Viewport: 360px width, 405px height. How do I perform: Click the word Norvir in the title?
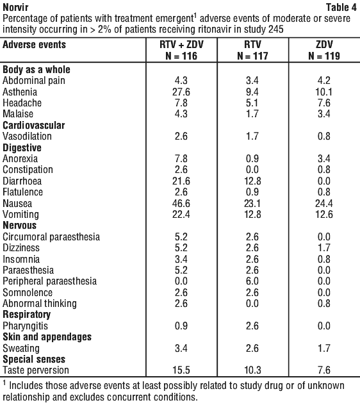click(15, 8)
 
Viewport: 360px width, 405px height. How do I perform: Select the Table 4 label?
click(341, 8)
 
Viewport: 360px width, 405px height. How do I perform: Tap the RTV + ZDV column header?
click(181, 44)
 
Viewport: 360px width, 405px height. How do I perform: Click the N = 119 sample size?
click(324, 56)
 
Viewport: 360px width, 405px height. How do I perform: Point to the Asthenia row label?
click(20, 92)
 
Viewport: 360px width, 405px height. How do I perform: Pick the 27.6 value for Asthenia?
click(181, 92)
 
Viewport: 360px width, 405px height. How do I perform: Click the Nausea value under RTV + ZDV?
click(181, 204)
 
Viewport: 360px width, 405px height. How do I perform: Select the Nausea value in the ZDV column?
click(324, 204)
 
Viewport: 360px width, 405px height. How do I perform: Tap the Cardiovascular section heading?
click(33, 125)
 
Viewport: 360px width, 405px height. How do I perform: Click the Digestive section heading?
click(22, 148)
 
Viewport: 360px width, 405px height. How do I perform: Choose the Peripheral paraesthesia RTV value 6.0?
click(252, 281)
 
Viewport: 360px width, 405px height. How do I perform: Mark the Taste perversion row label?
click(36, 370)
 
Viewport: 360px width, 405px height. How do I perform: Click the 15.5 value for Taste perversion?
click(181, 370)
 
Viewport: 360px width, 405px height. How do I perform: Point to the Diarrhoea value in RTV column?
click(252, 181)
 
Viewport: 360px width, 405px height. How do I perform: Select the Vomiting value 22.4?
click(181, 215)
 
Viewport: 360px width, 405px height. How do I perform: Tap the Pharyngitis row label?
click(26, 326)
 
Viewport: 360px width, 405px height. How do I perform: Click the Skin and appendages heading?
click(47, 337)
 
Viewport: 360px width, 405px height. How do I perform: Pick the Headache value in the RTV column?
click(252, 103)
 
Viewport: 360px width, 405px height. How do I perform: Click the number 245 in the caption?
click(276, 29)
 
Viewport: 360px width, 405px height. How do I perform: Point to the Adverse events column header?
click(34, 44)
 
